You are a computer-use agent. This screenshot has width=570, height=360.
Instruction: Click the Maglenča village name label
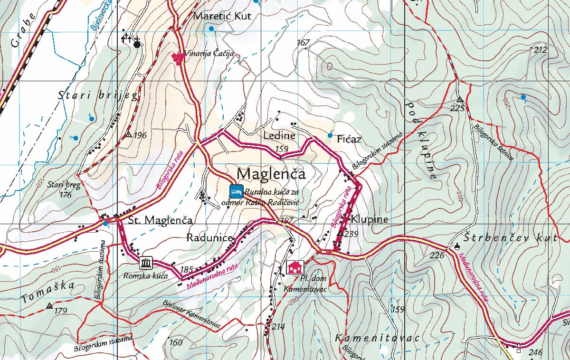[271, 173]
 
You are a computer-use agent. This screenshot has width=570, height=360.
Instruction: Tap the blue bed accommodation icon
[237, 191]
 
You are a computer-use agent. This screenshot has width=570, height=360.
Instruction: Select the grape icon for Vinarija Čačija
[178, 58]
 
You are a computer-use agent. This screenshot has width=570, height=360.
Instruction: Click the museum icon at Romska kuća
[146, 263]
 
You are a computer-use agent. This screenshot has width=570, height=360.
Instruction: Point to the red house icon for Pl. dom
[295, 267]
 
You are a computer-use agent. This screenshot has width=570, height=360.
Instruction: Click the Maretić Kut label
[221, 16]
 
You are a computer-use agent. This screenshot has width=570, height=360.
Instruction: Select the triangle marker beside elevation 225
[459, 100]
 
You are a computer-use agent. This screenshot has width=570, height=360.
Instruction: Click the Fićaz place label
[349, 139]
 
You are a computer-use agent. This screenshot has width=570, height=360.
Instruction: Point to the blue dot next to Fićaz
[331, 135]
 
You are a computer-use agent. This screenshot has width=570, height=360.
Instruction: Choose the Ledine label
[279, 136]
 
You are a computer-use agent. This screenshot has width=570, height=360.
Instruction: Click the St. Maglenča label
[161, 220]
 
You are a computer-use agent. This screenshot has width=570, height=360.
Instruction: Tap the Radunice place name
[209, 237]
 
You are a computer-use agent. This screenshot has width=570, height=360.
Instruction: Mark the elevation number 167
[303, 43]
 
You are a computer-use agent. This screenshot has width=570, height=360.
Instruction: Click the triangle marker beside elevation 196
[128, 135]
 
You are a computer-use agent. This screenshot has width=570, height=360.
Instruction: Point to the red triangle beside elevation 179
[49, 306]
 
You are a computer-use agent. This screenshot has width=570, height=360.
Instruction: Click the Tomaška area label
[47, 292]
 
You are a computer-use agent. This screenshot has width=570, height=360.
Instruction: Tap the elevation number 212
[541, 50]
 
